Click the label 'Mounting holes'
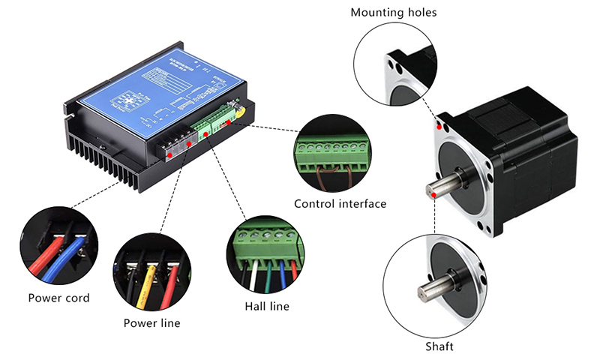click(x=393, y=13)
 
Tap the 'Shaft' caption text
click(x=439, y=346)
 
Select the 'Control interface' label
click(x=340, y=203)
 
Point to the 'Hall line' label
click(x=267, y=306)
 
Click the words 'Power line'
click(x=152, y=323)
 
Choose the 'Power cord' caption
click(x=59, y=298)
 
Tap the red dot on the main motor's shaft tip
click(x=434, y=194)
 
